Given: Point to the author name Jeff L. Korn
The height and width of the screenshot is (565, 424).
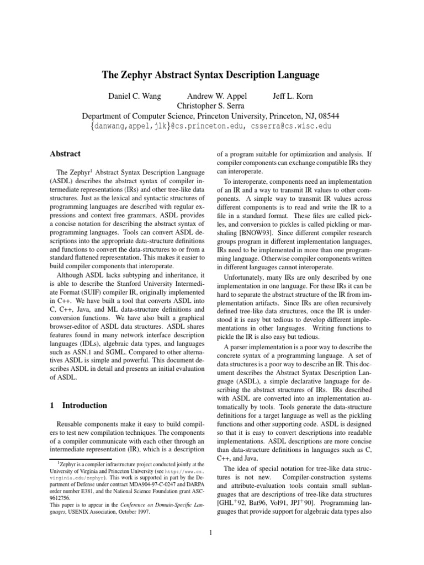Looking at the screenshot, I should click(293, 96).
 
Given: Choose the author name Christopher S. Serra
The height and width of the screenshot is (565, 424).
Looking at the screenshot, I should click(211, 106).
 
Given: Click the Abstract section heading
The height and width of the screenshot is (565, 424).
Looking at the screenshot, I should click(66, 154).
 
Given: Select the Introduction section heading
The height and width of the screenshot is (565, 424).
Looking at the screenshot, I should click(84, 406).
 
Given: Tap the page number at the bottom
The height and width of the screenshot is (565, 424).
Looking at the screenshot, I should click(211, 532).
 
